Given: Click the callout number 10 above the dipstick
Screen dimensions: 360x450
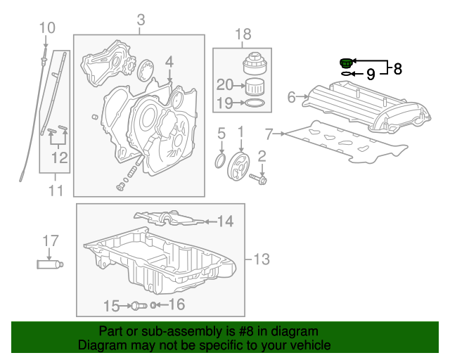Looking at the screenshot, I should coord(46,28).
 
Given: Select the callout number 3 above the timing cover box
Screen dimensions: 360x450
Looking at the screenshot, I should coord(141,20).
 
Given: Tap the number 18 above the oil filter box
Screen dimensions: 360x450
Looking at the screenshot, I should coord(243,34).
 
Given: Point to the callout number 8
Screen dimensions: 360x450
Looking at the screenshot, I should coord(397,69).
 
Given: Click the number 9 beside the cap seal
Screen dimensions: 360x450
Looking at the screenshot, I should coord(371,73).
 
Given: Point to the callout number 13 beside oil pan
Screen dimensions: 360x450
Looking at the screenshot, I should coord(260,260).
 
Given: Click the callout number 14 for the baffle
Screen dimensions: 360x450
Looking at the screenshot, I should coord(224,222).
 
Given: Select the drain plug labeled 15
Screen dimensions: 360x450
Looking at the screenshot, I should coord(139,306).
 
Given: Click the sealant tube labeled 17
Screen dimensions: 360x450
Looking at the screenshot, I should coord(50,264).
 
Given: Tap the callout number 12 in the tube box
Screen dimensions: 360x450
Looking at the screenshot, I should coord(60,158).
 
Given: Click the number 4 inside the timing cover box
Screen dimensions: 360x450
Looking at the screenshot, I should coord(169,63).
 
